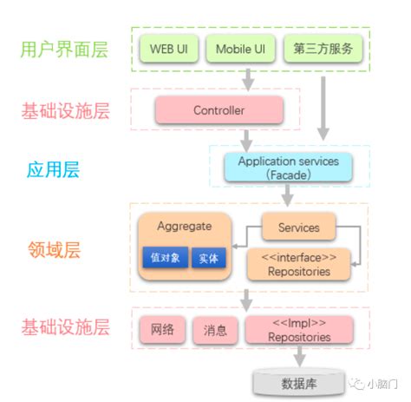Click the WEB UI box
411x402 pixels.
tap(168, 49)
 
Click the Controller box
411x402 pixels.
tap(219, 110)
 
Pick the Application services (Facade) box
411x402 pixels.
tap(287, 168)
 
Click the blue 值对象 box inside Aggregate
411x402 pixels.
tap(162, 258)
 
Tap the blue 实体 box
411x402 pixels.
tap(207, 258)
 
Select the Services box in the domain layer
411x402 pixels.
tap(298, 228)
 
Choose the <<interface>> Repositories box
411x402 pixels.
tap(299, 264)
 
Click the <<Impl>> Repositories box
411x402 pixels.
tap(299, 329)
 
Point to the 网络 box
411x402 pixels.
tap(162, 329)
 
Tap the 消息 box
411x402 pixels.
tap(214, 329)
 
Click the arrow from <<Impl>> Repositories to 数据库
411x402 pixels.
tap(298, 354)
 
